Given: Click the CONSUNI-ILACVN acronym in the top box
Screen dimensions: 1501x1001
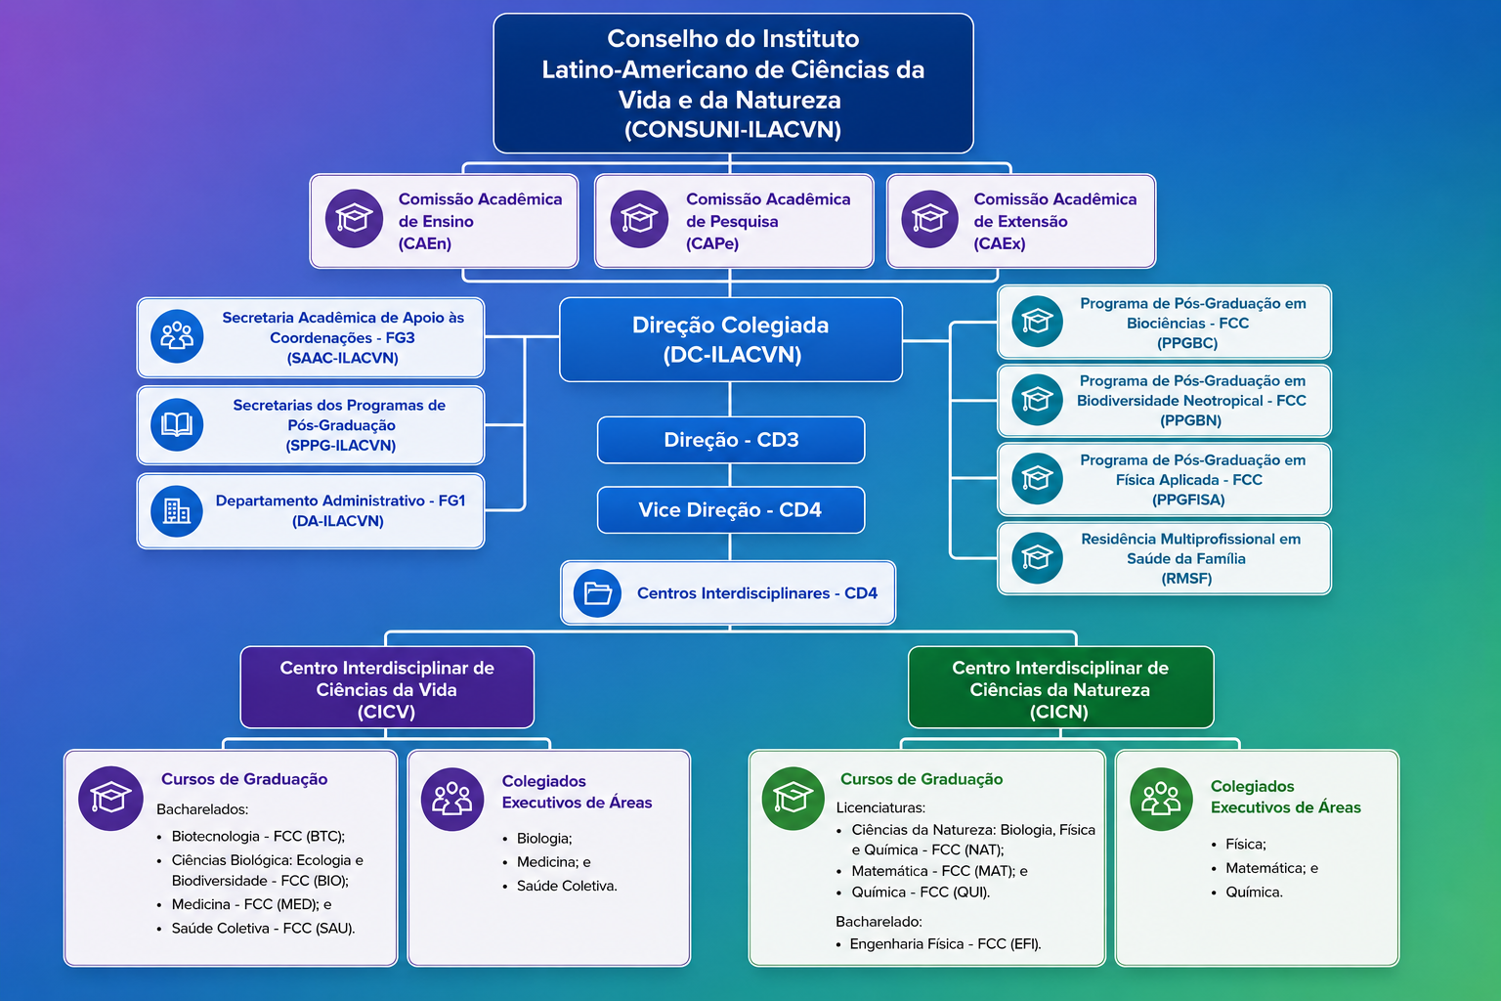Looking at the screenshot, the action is [x=732, y=129].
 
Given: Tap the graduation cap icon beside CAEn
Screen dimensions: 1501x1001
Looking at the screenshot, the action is [x=354, y=219].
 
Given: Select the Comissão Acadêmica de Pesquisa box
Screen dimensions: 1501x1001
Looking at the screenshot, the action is [x=734, y=221].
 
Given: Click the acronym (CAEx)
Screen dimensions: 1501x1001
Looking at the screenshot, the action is [x=999, y=243].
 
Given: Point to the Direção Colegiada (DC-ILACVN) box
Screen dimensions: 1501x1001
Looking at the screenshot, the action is [x=731, y=340].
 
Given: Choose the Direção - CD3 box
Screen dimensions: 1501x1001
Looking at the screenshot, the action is [x=731, y=440].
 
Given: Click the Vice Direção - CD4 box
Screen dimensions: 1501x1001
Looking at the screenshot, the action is [x=731, y=509].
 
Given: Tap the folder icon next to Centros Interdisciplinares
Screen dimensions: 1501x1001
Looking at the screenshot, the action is [x=597, y=592].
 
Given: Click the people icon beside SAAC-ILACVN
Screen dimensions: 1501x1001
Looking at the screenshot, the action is [x=177, y=336].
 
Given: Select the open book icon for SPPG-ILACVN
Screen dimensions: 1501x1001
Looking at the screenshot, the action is [x=177, y=424].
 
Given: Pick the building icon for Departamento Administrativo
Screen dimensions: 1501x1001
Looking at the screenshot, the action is [x=177, y=511].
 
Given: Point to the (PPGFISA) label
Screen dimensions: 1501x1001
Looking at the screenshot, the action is [x=1188, y=500].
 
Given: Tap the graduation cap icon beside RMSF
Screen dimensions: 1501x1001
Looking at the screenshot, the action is [x=1037, y=558].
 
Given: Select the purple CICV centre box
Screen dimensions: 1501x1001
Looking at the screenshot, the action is [x=387, y=687].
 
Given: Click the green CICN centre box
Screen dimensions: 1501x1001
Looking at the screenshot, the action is [x=1060, y=687].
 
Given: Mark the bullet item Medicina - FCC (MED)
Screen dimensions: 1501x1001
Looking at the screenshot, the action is [x=251, y=904].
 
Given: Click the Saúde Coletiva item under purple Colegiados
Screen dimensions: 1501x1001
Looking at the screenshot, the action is [x=567, y=886].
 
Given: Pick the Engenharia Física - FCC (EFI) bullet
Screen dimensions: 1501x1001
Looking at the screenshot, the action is [x=946, y=944].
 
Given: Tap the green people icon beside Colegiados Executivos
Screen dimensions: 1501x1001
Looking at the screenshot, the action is [x=1161, y=799].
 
